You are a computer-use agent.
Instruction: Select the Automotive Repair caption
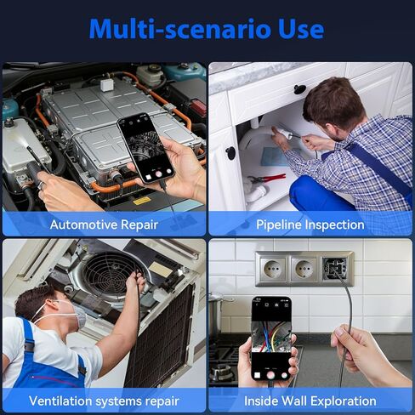point(105,225)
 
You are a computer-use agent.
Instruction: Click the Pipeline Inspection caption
point(310,225)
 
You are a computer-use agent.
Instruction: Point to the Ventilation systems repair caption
point(105,400)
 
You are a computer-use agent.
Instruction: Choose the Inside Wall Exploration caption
point(310,400)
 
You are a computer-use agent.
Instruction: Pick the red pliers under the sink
point(265,179)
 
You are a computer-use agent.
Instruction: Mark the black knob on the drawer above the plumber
point(300,90)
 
